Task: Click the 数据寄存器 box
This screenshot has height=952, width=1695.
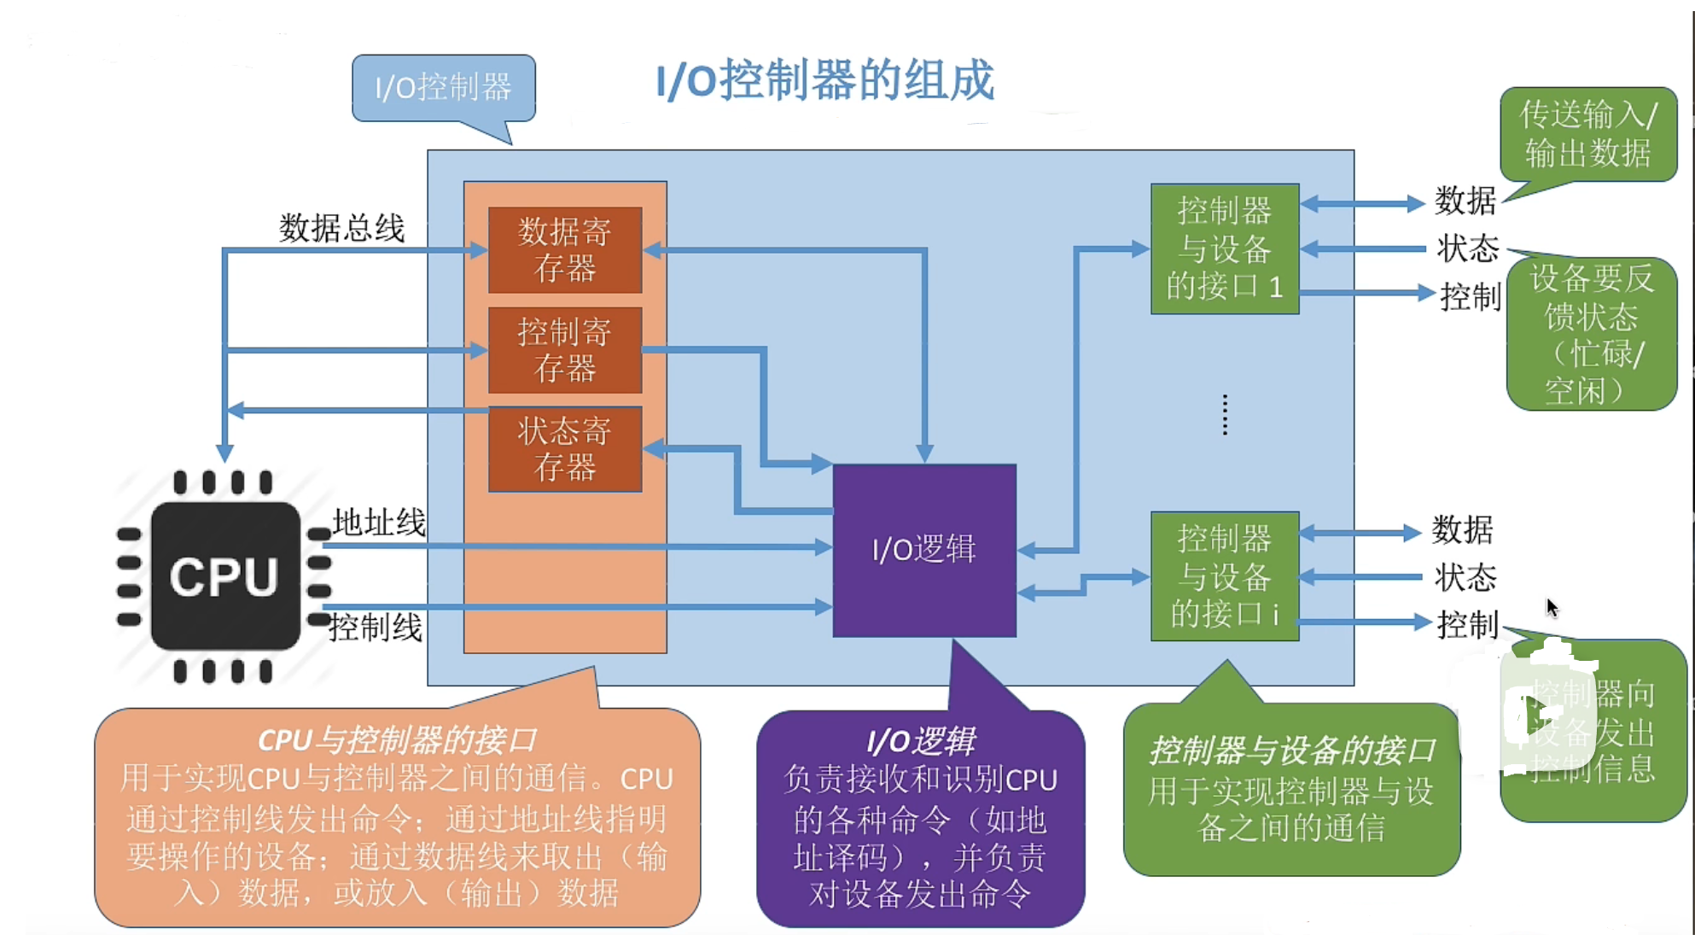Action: click(564, 249)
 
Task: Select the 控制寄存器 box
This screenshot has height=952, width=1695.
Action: click(564, 349)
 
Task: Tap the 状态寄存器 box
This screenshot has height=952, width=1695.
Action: click(564, 449)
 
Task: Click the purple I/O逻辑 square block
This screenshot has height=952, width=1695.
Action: click(923, 550)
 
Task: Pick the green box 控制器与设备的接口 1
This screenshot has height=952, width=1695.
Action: click(1224, 248)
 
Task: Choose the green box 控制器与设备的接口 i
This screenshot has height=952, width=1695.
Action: click(1224, 576)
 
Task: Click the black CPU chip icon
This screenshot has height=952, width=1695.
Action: click(224, 576)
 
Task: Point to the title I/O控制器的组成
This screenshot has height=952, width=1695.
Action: click(824, 81)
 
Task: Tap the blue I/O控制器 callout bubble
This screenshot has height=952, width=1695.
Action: click(443, 88)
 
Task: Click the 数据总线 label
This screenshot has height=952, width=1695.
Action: click(341, 228)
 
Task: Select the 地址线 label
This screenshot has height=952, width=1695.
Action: click(379, 523)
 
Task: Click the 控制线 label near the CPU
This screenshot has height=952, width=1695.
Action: click(376, 628)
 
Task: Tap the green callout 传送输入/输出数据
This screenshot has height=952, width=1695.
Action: click(1587, 134)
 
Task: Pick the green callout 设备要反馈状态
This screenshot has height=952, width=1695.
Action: click(1591, 334)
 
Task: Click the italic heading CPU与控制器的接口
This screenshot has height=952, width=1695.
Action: click(397, 739)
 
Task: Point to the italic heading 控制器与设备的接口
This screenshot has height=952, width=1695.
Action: click(1291, 751)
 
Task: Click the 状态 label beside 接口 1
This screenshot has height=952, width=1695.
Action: click(1467, 248)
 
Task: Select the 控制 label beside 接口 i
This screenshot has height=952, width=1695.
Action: click(1467, 625)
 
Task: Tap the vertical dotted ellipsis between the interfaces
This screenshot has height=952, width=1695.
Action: click(1225, 415)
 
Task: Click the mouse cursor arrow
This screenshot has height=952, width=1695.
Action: click(1552, 607)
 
